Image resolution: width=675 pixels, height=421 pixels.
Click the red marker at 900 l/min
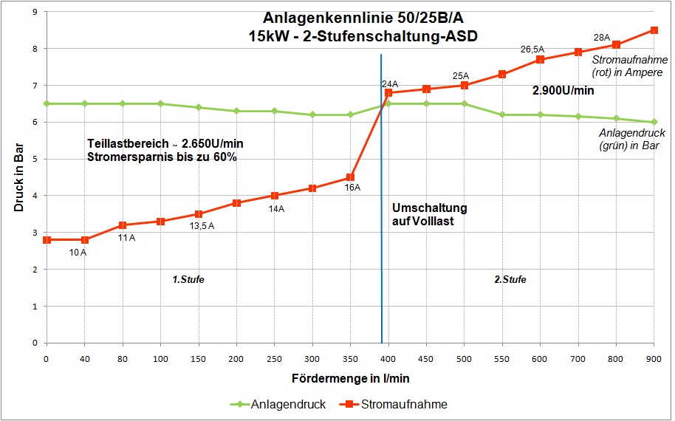(x=654, y=30)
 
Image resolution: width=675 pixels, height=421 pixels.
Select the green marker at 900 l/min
(x=654, y=122)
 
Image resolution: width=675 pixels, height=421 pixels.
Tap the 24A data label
(x=390, y=83)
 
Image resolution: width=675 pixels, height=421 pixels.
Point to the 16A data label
(x=352, y=188)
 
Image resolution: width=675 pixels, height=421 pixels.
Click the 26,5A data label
(x=532, y=49)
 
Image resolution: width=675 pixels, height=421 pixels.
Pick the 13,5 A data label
(x=200, y=225)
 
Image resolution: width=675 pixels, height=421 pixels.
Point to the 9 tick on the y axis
(x=34, y=12)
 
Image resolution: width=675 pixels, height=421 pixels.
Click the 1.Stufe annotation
(x=188, y=280)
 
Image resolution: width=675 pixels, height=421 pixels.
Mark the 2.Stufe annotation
(x=510, y=280)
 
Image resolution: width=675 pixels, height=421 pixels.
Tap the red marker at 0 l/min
(x=47, y=240)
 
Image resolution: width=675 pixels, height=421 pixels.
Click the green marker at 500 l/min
(x=464, y=103)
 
